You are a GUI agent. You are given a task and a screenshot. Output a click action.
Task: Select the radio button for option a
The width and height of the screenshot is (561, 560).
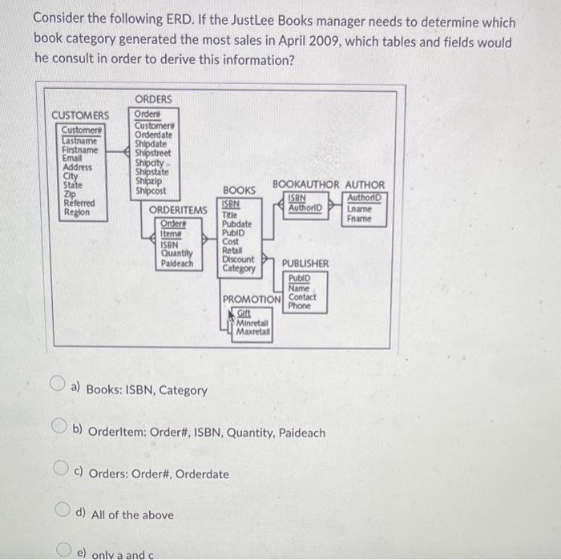[60, 388]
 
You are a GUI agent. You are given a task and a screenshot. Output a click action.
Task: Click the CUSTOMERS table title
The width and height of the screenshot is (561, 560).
[80, 115]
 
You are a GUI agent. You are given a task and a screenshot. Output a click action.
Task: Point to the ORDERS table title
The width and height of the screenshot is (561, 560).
[152, 99]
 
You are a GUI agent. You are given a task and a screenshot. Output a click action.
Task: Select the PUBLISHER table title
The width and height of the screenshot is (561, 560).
[305, 263]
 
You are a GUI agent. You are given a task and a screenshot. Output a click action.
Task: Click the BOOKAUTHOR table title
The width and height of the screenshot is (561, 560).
[306, 184]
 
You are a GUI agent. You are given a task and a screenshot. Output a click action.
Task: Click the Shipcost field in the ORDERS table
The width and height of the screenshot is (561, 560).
[151, 191]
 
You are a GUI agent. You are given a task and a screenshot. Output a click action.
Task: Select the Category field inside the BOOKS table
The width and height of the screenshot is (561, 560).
[240, 268]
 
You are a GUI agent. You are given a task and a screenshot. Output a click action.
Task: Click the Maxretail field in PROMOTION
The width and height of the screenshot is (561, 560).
[253, 331]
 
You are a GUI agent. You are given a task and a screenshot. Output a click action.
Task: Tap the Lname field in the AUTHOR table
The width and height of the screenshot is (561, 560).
[360, 208]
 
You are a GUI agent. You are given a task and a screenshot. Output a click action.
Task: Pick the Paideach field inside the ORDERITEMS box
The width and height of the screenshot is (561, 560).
[177, 263]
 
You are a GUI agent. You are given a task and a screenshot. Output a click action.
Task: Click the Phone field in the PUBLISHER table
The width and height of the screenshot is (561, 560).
[300, 305]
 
